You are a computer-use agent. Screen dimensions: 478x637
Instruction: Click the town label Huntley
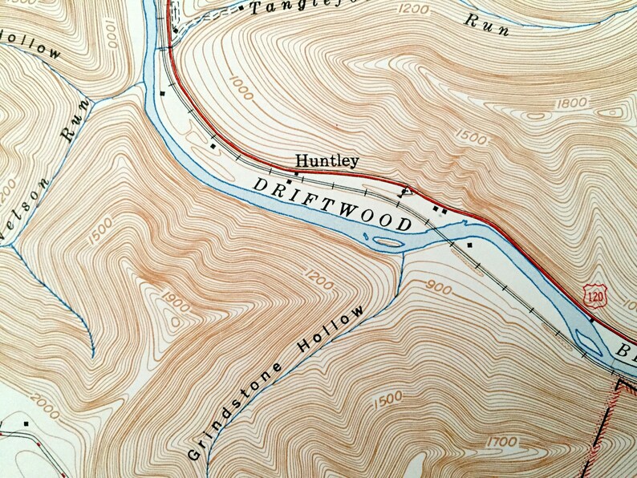[327, 160]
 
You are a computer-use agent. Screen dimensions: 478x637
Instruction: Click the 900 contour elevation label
[440, 286]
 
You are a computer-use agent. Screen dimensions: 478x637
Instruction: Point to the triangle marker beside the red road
[405, 190]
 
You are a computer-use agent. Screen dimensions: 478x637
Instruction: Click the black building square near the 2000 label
[27, 422]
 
